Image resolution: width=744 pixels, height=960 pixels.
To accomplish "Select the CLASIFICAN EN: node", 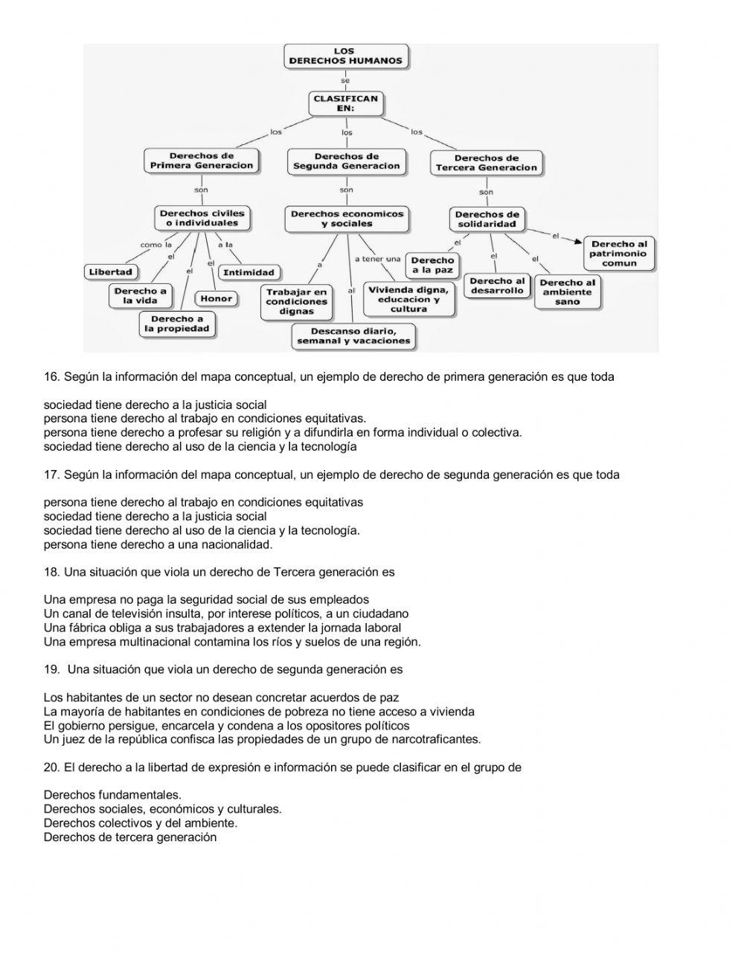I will coord(345,103).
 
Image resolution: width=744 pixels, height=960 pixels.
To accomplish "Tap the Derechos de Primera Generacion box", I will coord(201,161).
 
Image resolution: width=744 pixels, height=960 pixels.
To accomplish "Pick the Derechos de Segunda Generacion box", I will coord(346,161).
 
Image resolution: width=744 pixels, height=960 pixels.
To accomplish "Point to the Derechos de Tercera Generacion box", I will coord(486,163).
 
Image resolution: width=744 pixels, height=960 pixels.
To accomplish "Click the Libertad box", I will coord(110,272).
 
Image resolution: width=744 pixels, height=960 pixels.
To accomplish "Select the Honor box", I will coord(217,299).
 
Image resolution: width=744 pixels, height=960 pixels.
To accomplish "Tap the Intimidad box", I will coord(248,272).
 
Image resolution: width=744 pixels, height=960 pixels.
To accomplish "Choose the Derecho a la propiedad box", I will coord(177,324).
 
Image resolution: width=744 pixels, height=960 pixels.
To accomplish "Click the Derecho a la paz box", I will coord(432,265).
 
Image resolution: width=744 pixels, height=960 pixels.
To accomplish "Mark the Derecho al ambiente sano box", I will coord(567,292).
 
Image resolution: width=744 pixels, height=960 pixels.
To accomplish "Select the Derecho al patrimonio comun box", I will coord(618,254).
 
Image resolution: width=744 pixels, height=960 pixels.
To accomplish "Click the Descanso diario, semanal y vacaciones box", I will coord(353,336).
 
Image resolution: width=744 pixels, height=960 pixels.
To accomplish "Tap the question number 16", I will coord(51,377).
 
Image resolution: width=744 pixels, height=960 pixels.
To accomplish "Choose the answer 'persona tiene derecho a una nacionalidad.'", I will coord(158,544).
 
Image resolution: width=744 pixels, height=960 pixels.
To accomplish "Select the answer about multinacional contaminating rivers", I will coord(232,642).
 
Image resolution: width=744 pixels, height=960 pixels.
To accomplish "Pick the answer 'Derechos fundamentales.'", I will coord(112,795).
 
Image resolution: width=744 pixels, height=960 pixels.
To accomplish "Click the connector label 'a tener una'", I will coord(377,259).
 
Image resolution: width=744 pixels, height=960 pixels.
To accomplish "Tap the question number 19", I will coord(51,669).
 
